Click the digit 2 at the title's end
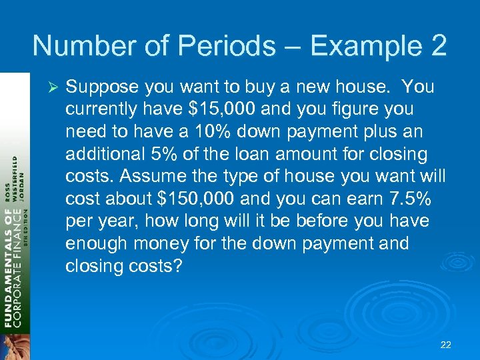[437, 46]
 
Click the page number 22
[446, 345]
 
